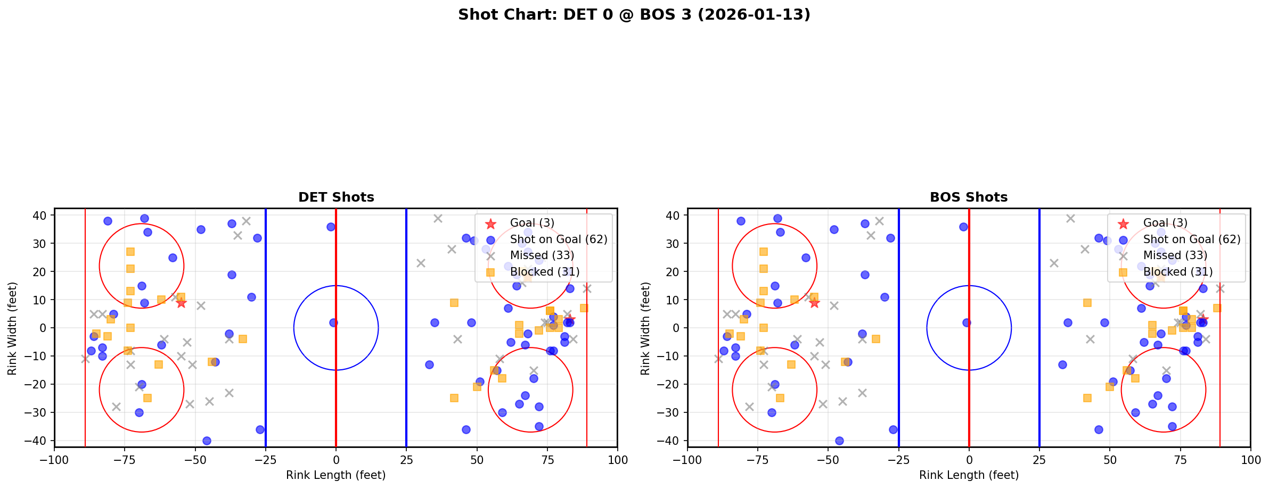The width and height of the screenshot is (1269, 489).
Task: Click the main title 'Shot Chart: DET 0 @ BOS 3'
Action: [x=634, y=14]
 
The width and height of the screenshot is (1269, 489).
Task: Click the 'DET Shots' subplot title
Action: [x=336, y=197]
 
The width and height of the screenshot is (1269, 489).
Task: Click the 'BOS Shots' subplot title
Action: [x=969, y=197]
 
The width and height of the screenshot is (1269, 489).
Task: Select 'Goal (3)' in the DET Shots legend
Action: [x=532, y=223]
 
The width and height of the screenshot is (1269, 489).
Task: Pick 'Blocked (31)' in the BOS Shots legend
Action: [x=1178, y=272]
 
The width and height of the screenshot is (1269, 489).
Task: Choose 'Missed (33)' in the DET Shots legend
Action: [x=542, y=255]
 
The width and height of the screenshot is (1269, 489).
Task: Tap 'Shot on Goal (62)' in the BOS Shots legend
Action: [x=1192, y=239]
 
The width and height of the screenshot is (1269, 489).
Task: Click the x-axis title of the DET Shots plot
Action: [x=336, y=475]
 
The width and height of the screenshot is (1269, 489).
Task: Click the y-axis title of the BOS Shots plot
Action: [x=645, y=328]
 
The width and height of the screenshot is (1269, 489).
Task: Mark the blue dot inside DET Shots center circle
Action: [x=333, y=322]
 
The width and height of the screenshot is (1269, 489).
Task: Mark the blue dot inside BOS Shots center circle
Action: [x=967, y=322]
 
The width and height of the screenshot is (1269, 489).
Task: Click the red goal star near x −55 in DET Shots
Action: [x=181, y=303]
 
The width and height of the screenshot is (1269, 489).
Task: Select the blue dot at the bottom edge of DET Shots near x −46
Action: [x=207, y=441]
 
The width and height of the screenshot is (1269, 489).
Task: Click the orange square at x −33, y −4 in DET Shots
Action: [x=243, y=339]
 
